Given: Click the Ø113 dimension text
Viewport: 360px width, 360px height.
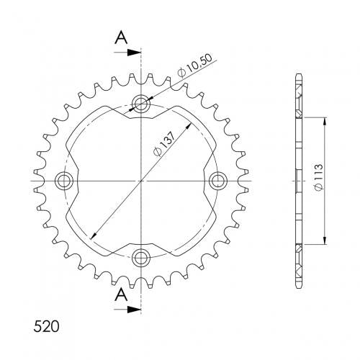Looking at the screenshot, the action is coord(318,178).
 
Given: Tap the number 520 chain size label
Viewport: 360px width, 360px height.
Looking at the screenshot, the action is coord(46,326).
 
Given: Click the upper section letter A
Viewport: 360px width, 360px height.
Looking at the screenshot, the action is coord(121,38).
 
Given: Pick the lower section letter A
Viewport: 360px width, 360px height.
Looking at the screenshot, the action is coord(121,295).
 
